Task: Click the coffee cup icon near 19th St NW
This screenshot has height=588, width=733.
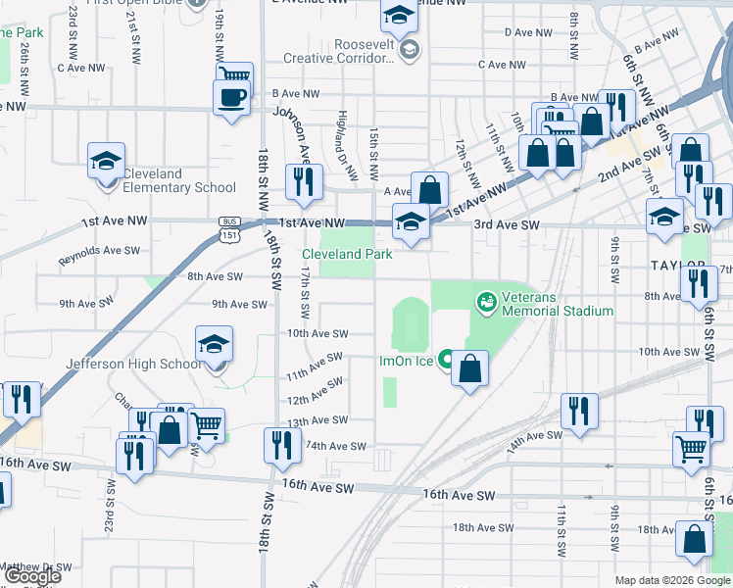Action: [x=232, y=98]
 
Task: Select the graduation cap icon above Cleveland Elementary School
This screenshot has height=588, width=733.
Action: [x=107, y=162]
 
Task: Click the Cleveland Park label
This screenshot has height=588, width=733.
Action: [x=347, y=254]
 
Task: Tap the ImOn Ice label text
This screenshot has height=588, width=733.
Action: [x=407, y=361]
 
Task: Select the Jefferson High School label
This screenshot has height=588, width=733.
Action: [x=133, y=364]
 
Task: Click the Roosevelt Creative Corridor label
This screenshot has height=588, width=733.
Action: [x=347, y=51]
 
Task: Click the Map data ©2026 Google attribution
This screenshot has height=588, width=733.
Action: [x=672, y=580]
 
